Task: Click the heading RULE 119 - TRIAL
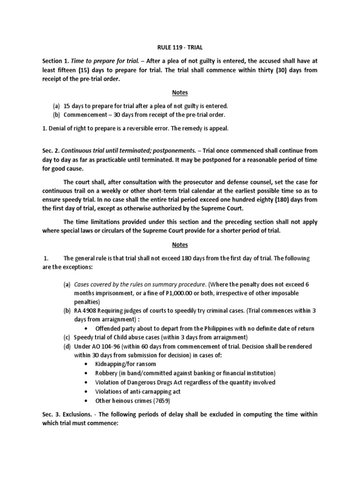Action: pyautogui.click(x=180, y=47)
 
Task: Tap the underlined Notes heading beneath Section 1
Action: pyautogui.click(x=180, y=93)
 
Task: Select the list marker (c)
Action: pyautogui.click(x=67, y=337)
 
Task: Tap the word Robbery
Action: pyautogui.click(x=107, y=373)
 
